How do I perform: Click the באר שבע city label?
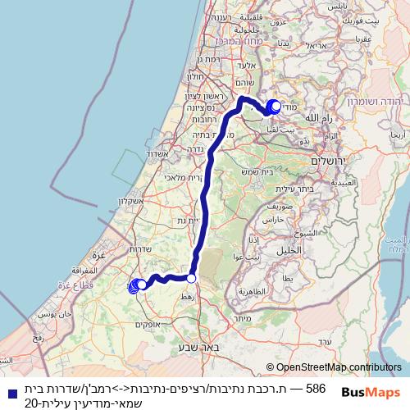tap(194, 348)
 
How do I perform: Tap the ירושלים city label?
tap(330, 162)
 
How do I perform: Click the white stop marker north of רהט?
tap(192, 279)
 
